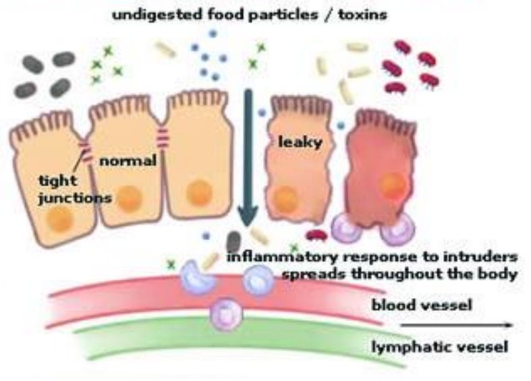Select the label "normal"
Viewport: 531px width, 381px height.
click(x=128, y=161)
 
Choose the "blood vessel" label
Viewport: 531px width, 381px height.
click(x=422, y=305)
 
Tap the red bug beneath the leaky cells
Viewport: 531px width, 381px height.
click(x=316, y=235)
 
